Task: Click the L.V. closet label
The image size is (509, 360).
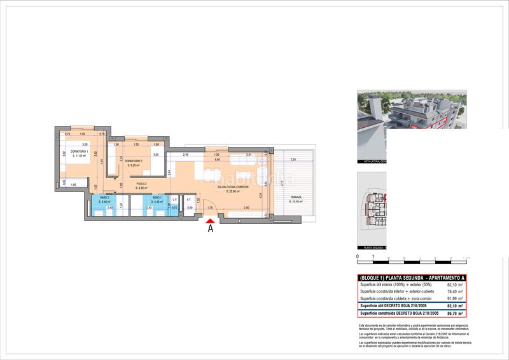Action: coord(175,200)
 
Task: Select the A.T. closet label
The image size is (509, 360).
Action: coord(189,200)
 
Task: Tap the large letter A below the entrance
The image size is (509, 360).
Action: coord(211,230)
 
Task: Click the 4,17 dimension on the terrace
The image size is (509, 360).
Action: coord(281,183)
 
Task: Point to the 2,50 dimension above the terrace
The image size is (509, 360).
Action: coord(293,159)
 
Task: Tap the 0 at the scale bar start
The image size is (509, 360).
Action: coord(358,256)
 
